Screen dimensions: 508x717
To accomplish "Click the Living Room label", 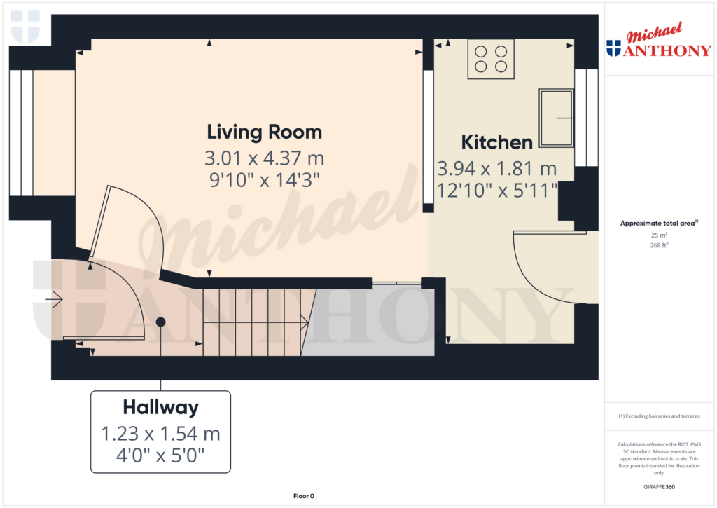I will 264,132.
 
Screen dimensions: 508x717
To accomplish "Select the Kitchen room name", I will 496,142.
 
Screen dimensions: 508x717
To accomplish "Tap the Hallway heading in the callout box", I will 160,407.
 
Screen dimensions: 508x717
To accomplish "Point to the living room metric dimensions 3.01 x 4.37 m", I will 264,156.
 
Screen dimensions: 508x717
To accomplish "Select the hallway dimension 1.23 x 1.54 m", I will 160,434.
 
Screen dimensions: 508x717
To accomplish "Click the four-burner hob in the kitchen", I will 490,59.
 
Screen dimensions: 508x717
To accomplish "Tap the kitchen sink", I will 556,118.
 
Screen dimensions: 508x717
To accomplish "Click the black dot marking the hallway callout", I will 160,322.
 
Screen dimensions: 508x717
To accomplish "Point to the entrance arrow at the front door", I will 54,299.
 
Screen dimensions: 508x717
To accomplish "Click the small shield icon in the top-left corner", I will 26,26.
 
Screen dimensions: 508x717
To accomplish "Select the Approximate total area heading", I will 657,224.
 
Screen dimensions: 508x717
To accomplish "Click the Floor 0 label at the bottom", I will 303,496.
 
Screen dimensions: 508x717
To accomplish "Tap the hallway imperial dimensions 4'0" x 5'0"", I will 160,456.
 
